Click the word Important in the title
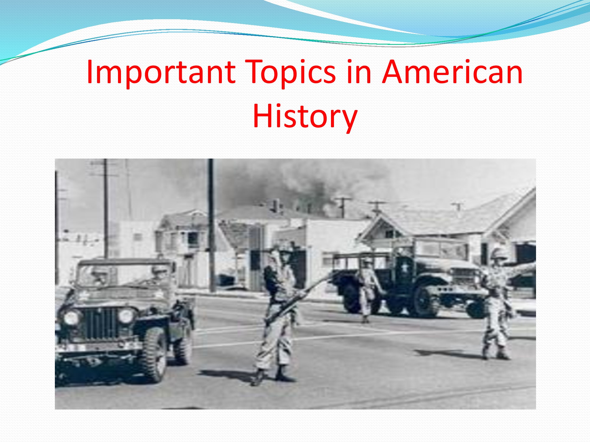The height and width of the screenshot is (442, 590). (x=161, y=72)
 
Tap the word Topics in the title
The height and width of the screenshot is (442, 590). (x=291, y=72)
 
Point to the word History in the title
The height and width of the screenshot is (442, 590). (x=305, y=116)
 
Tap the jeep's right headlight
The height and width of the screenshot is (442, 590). (x=126, y=316)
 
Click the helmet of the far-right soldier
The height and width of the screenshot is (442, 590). (x=498, y=254)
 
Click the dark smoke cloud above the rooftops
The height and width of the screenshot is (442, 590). (x=295, y=183)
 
